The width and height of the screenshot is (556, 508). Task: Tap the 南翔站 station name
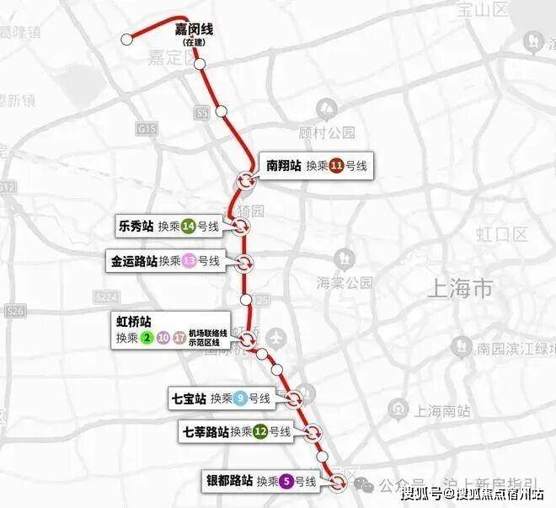click(283, 166)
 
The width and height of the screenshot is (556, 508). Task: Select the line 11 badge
click(337, 167)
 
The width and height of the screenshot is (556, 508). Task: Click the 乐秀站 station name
click(136, 225)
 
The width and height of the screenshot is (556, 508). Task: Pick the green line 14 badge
click(189, 226)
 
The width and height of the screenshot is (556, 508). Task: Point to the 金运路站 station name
click(133, 261)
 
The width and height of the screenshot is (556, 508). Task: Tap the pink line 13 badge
click(190, 261)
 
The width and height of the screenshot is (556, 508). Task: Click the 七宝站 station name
click(189, 398)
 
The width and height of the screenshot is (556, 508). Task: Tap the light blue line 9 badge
click(240, 398)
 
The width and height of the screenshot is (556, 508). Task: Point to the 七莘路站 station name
click(206, 432)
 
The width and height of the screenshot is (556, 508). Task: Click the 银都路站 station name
click(229, 481)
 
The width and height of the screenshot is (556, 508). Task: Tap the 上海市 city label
click(460, 289)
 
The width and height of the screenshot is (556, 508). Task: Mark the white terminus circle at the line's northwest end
click(127, 39)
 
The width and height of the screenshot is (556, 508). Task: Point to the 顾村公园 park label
click(328, 132)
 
